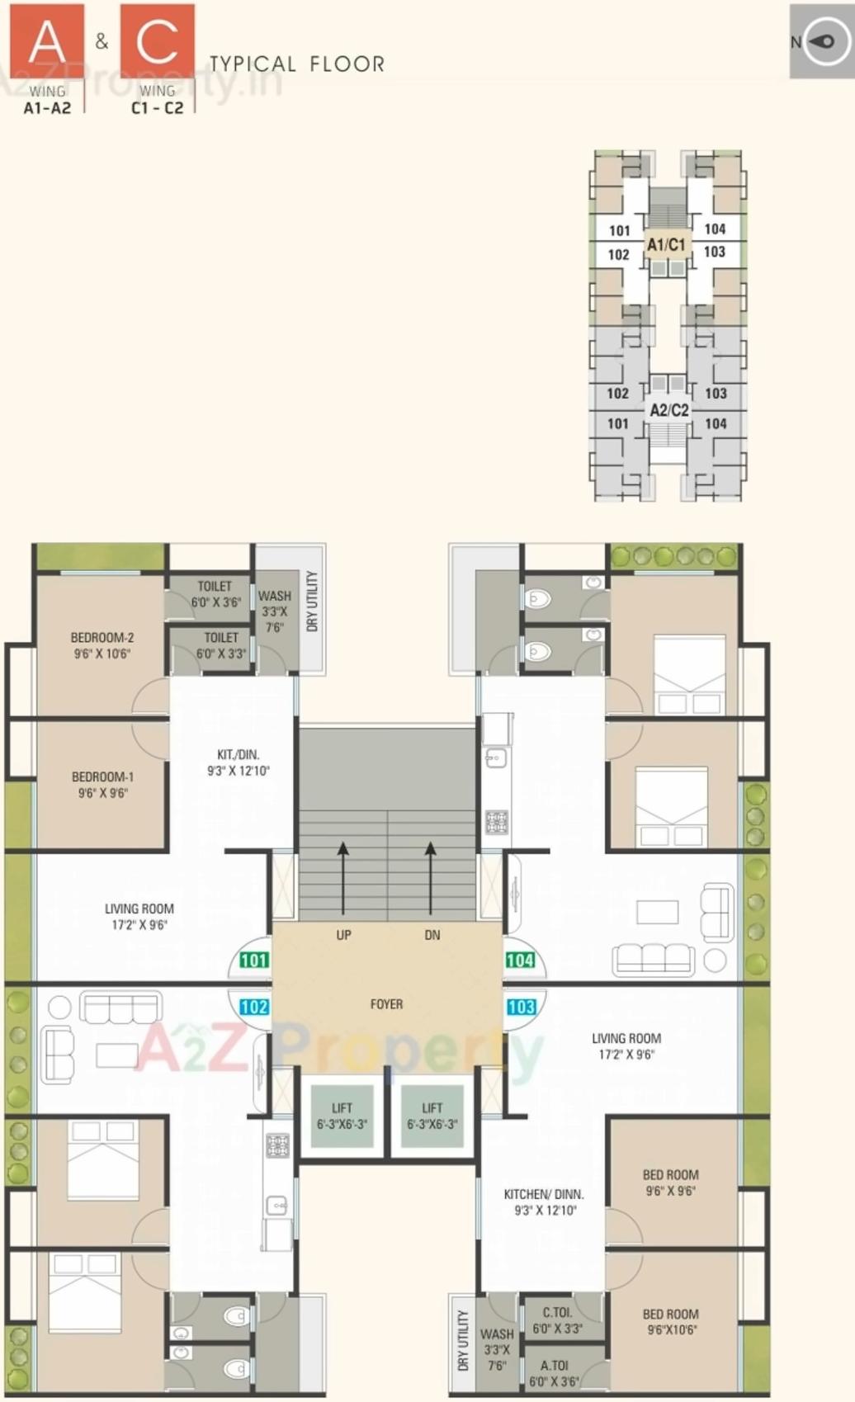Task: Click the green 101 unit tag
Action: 253,960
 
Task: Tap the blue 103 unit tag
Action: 521,1007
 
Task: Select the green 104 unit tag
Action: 520,960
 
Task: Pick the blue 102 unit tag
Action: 253,1007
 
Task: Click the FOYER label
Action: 386,1004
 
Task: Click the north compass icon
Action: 822,41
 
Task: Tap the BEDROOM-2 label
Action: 102,638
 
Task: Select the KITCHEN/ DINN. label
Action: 544,1194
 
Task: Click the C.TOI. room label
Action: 557,1312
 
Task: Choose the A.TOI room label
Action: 554,1366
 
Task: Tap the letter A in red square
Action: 46,41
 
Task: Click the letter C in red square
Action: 158,41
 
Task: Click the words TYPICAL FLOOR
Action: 296,64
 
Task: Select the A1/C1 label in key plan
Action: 666,244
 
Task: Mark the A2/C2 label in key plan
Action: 668,410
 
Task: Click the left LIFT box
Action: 342,1116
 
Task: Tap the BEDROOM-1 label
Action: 102,777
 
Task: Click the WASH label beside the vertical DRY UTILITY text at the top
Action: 274,596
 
